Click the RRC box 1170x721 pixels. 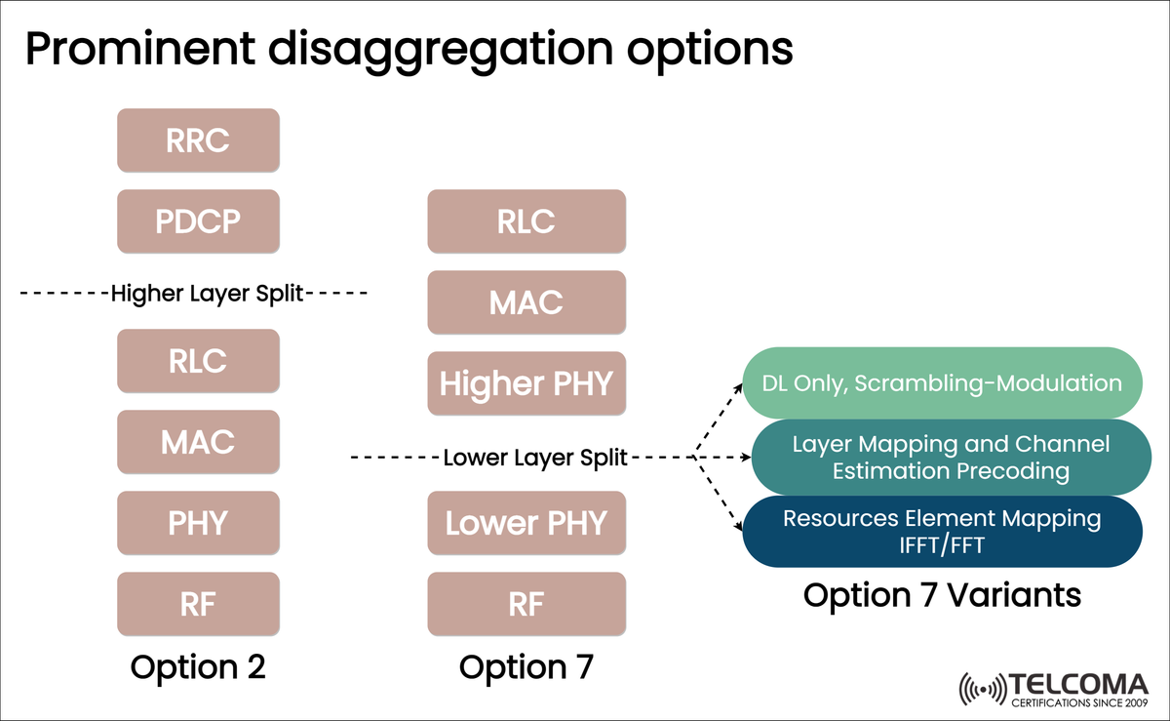(x=198, y=140)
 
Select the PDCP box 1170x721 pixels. (x=198, y=221)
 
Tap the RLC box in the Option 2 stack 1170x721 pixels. (x=198, y=361)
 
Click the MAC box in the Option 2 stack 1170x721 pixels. (x=198, y=442)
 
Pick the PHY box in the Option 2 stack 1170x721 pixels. (x=198, y=523)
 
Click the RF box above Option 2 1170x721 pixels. (x=198, y=604)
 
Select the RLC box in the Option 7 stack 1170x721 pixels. (x=526, y=221)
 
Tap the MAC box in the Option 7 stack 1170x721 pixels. (x=526, y=302)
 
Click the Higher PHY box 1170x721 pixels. (x=526, y=383)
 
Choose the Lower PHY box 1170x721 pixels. (x=526, y=523)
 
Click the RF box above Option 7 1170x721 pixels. (x=526, y=604)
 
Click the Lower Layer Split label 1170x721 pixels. (x=535, y=457)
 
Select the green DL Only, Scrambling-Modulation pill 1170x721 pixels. (x=942, y=383)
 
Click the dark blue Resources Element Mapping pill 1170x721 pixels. (x=942, y=532)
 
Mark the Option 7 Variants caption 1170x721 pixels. (x=942, y=594)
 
